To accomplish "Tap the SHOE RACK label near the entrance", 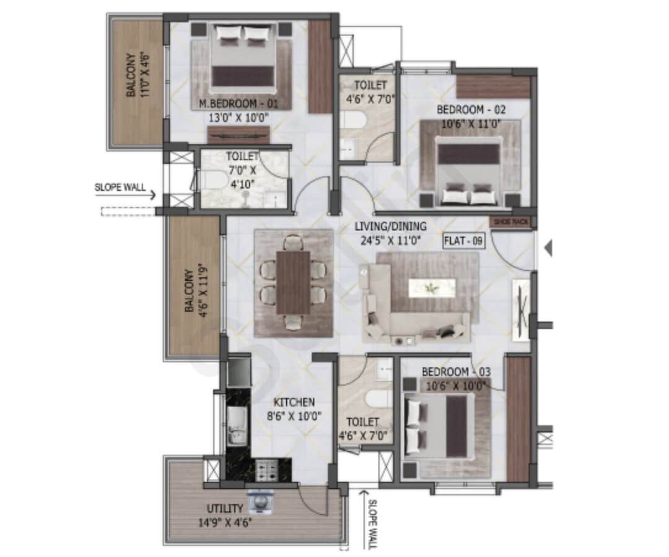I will coord(511,221).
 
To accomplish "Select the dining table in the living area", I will coord(293,283).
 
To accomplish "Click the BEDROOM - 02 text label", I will coord(471,110).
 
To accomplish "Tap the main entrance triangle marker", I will coord(548,248).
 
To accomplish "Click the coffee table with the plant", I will coord(432,286).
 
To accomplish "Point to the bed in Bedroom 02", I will coord(468,170).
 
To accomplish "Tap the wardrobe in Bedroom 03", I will coord(518,418).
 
